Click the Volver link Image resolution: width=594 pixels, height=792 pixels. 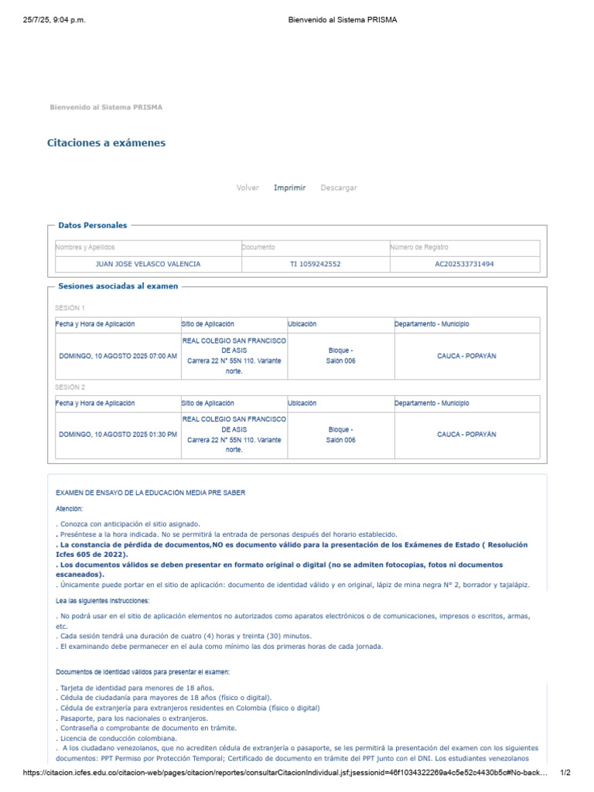click(x=247, y=188)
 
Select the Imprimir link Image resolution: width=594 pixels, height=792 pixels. click(x=289, y=188)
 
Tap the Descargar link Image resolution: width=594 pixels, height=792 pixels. click(x=339, y=188)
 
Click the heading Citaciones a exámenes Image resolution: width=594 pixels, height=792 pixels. click(x=106, y=143)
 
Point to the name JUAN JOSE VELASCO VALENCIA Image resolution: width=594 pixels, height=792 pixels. click(x=147, y=264)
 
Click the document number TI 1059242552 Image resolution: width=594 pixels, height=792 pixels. click(x=315, y=264)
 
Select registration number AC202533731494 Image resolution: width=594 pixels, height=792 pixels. click(x=464, y=264)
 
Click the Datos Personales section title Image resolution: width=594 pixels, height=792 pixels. click(x=92, y=225)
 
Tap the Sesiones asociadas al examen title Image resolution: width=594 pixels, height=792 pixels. click(x=118, y=286)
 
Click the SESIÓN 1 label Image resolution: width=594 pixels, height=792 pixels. click(x=70, y=308)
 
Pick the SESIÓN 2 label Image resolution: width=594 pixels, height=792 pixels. click(x=70, y=387)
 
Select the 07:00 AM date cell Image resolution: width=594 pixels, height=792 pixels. click(x=118, y=357)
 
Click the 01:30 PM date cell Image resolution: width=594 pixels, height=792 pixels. click(x=118, y=435)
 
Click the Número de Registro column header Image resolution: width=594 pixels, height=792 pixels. click(x=419, y=247)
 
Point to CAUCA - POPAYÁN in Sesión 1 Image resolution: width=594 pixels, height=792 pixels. click(x=466, y=357)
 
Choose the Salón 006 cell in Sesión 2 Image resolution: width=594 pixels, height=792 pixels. click(x=340, y=435)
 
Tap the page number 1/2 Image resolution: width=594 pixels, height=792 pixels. click(x=565, y=773)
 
